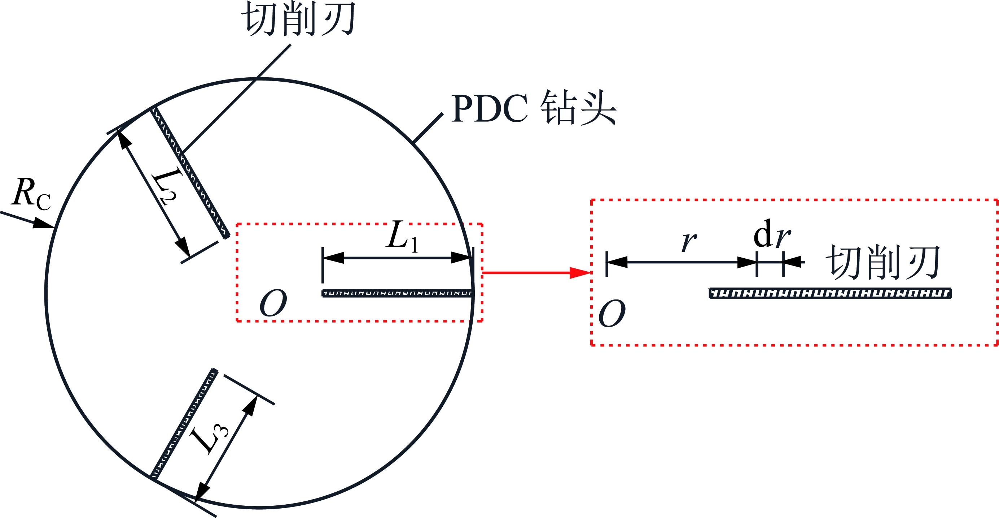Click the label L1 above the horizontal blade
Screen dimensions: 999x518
click(x=402, y=236)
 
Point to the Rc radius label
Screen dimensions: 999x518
click(x=31, y=193)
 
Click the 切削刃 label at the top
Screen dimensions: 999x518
click(x=298, y=19)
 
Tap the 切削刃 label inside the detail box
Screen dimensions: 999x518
click(x=884, y=262)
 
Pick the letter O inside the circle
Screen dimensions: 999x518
click(x=273, y=303)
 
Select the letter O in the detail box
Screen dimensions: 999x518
click(x=612, y=313)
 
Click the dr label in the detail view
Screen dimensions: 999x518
click(x=772, y=234)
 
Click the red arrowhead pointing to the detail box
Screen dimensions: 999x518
click(x=580, y=273)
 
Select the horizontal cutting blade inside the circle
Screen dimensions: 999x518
click(x=398, y=293)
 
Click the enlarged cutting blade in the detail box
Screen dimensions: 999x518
click(x=830, y=293)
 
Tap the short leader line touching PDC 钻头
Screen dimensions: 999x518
click(x=428, y=128)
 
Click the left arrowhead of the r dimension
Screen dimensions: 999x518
click(x=617, y=262)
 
